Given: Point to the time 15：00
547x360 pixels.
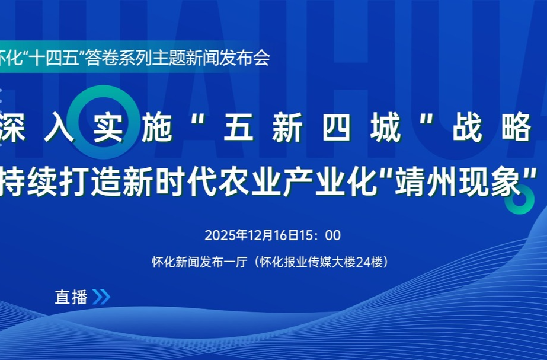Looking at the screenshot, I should click(x=322, y=235).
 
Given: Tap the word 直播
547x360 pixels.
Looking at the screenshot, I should click(x=71, y=297).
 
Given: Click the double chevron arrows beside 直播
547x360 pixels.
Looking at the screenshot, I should click(x=101, y=297).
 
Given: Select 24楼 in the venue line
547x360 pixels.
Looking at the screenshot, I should click(x=372, y=262).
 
